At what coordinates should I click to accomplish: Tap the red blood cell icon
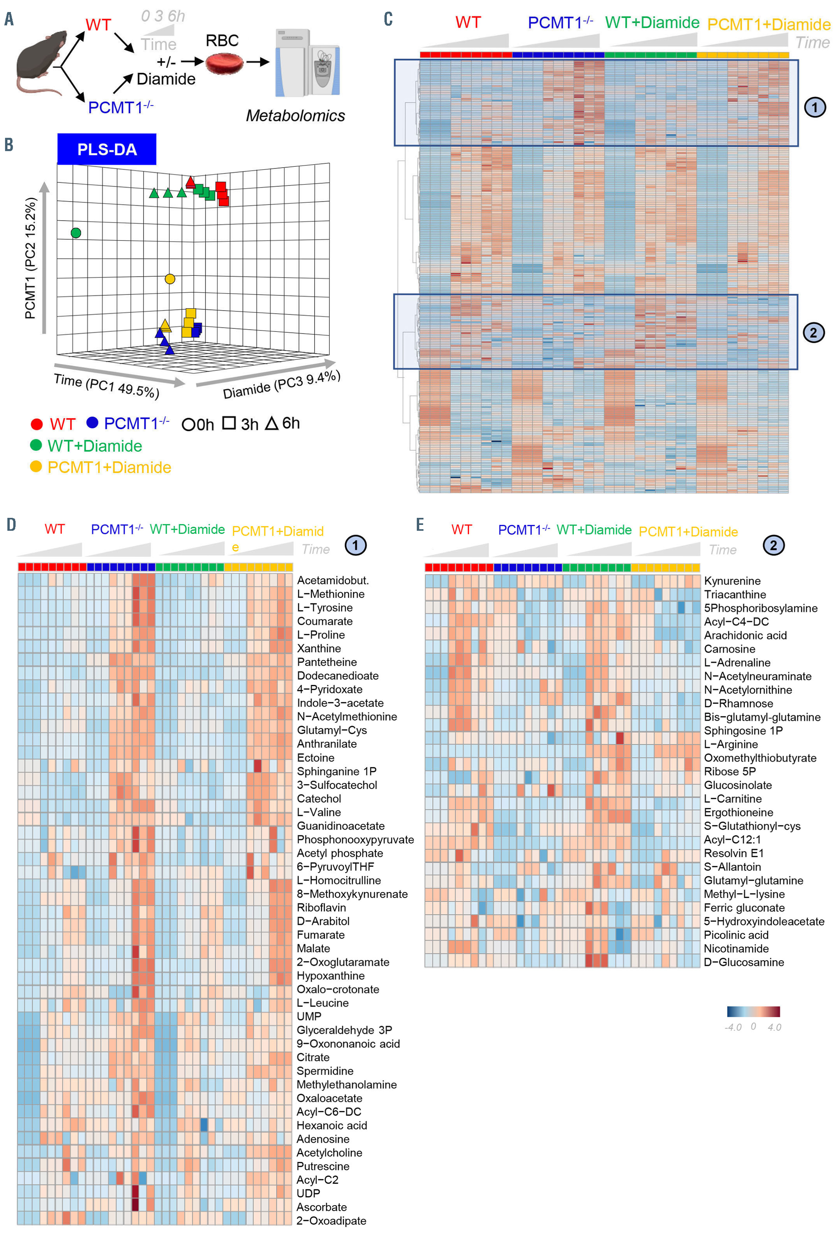click(x=224, y=63)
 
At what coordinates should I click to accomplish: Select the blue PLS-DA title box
click(x=107, y=149)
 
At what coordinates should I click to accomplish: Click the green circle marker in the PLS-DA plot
click(x=76, y=233)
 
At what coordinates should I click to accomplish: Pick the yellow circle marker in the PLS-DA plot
click(x=170, y=279)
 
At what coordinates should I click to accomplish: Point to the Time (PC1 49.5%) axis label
click(x=106, y=385)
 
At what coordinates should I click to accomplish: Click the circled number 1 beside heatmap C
click(x=814, y=107)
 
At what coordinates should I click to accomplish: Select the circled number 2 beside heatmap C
click(x=813, y=333)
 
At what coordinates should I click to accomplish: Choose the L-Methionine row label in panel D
click(x=330, y=594)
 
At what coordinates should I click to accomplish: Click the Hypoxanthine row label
click(x=330, y=976)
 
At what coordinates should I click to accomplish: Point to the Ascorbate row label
click(x=321, y=1207)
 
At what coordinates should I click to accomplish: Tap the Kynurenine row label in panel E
click(x=732, y=581)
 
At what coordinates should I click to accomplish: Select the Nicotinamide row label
click(x=736, y=948)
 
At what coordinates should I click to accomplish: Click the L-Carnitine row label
click(x=732, y=799)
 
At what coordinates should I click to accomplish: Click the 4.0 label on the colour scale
click(x=774, y=1027)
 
